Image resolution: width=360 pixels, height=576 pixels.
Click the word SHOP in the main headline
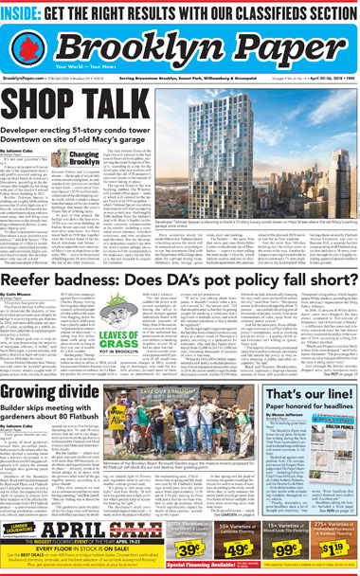coord(50,99)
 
